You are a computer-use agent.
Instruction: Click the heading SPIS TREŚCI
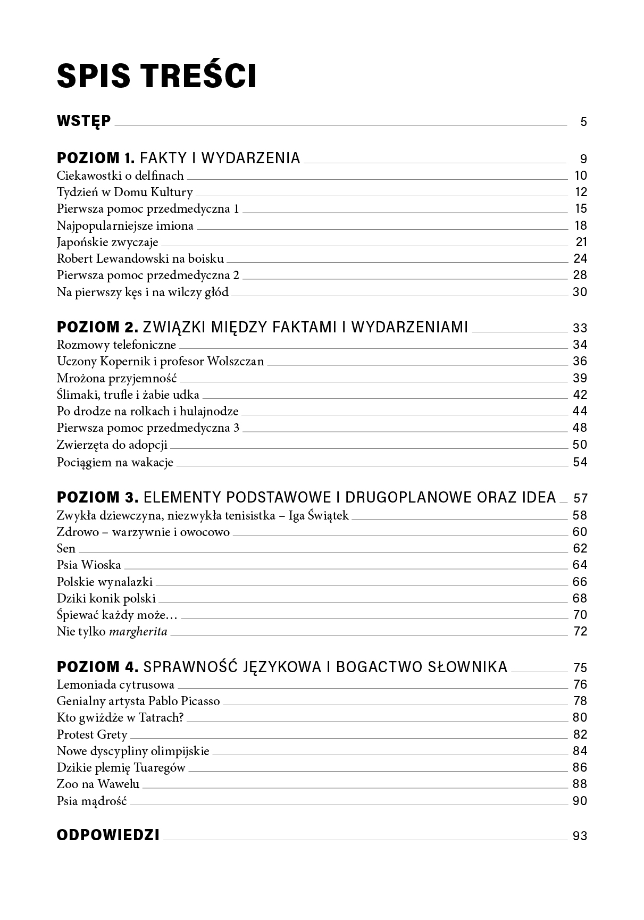156,76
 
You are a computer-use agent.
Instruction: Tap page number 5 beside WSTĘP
583,122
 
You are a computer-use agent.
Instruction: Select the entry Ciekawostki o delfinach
120,175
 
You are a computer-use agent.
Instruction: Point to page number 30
579,292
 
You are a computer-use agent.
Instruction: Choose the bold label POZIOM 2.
97,327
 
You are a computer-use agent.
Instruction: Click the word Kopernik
124,362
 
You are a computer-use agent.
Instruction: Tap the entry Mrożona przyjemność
116,379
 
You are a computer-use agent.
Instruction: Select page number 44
579,411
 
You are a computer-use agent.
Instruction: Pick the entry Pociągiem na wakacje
115,462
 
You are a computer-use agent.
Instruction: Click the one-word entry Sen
66,548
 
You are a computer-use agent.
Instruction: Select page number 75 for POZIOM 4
579,668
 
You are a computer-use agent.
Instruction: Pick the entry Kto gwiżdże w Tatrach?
120,718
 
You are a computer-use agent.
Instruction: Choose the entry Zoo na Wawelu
98,784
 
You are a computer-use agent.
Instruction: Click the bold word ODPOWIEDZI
108,835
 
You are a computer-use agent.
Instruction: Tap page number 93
579,836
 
